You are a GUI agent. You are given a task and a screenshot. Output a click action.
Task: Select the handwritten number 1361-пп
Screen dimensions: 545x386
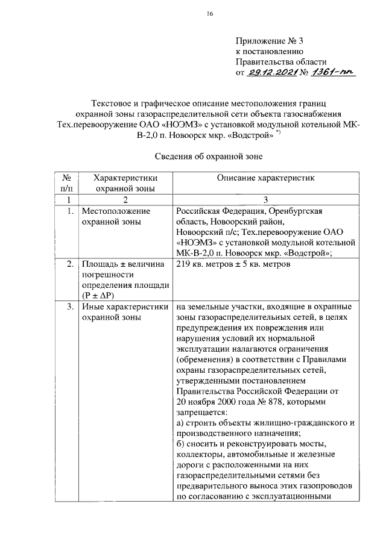[333, 73]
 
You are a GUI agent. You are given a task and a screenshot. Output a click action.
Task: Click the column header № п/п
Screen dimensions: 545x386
[68, 183]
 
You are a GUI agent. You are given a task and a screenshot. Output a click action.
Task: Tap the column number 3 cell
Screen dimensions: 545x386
[266, 199]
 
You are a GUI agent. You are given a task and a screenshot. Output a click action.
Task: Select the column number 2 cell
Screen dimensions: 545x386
[125, 199]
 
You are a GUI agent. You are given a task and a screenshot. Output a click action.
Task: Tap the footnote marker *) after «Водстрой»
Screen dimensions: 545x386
[278, 132]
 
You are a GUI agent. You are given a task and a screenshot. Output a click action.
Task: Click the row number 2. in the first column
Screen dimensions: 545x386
[71, 264]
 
